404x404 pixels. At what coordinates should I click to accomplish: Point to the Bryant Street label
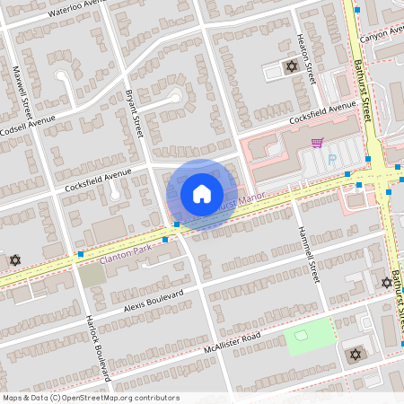[x=135, y=112]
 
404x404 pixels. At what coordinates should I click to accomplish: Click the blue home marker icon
[x=202, y=194]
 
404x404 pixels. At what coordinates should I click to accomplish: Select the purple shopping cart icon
[x=316, y=142]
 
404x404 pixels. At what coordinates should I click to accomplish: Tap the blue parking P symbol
[x=331, y=160]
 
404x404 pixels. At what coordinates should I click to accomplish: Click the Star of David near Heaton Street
[x=291, y=66]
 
